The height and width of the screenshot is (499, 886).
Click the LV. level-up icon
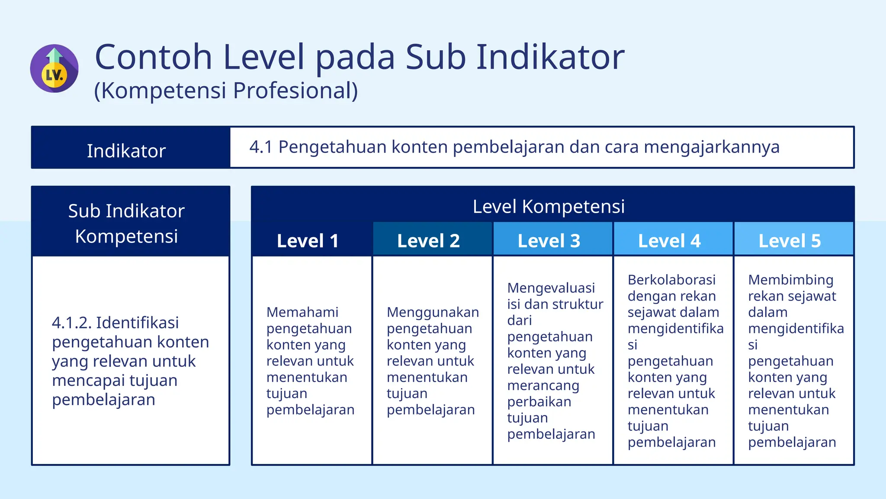pos(54,68)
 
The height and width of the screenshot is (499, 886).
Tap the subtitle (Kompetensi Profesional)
pos(226,91)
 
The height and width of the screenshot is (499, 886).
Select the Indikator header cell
pos(126,151)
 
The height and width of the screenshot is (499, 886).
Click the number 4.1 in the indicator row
pos(260,147)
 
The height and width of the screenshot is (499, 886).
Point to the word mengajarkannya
pos(711,147)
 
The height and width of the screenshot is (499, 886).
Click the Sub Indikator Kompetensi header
pos(126,223)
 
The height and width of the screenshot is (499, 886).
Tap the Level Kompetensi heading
pos(549,206)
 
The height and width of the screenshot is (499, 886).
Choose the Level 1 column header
pos(308,241)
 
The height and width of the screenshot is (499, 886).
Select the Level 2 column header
pos(428,241)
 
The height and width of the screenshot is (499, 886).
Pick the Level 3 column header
pos(549,241)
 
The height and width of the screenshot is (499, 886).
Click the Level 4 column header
pos(669,241)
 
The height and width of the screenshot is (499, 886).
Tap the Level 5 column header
pos(790,241)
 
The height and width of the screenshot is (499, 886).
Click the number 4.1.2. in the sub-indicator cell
pos(71,323)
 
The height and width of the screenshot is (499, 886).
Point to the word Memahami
pos(302,312)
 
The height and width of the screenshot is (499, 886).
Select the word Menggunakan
pos(433,312)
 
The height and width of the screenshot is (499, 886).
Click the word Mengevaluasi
pos(551,288)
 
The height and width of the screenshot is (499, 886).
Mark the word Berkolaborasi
pos(671,280)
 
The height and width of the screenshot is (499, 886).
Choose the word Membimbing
pos(790,280)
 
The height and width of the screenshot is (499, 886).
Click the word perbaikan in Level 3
pos(539,402)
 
